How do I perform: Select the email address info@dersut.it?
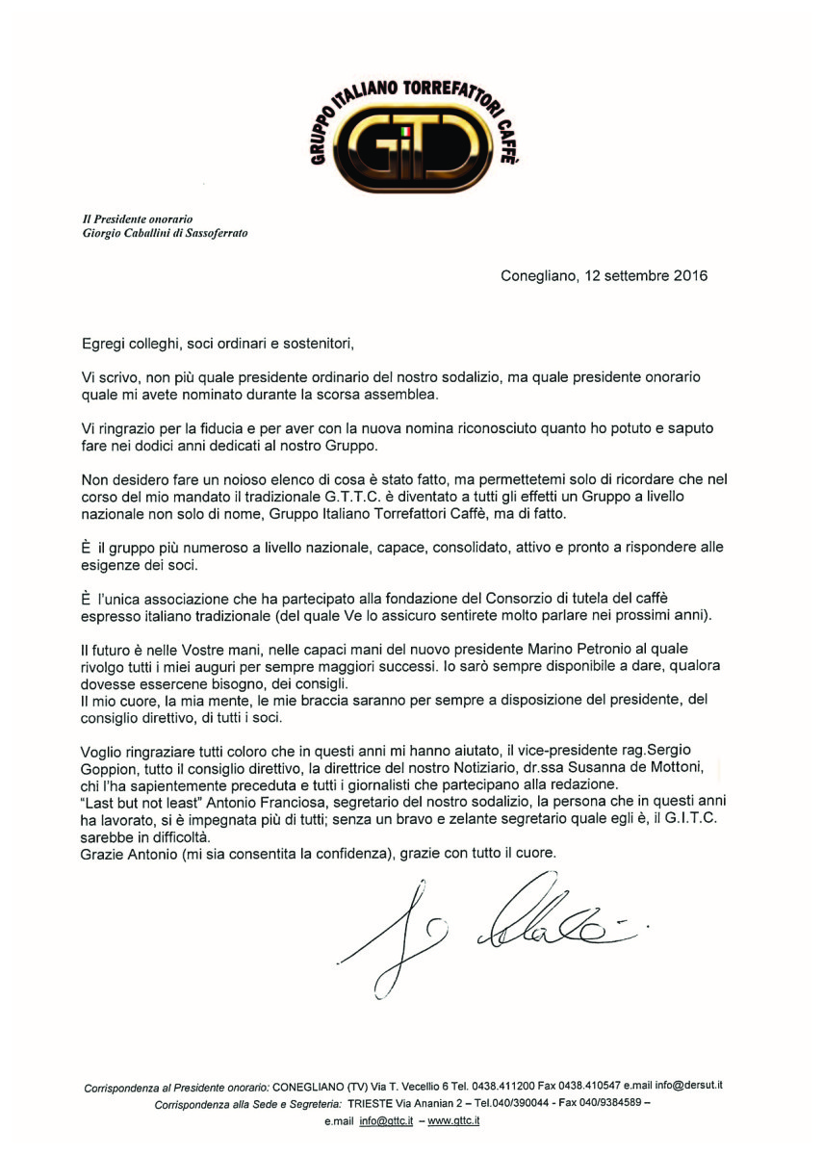coord(688,1086)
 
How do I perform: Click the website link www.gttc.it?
coord(453,1121)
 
